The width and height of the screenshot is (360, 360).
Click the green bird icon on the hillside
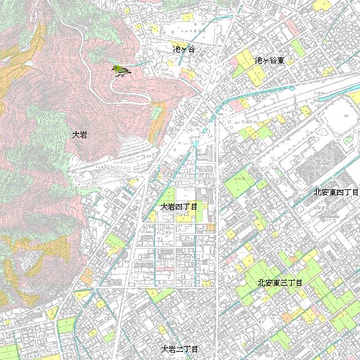tap(120, 70)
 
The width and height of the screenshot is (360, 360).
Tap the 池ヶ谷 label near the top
tap(183, 49)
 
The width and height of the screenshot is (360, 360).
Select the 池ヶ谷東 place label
tap(269, 61)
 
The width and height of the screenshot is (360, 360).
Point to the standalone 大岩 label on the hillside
tap(79, 134)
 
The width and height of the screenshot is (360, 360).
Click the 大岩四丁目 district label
tap(179, 206)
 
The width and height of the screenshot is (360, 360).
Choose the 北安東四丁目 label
tap(336, 192)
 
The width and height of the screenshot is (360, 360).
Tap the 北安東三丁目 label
tap(279, 283)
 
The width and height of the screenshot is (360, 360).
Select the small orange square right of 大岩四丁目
tap(211, 226)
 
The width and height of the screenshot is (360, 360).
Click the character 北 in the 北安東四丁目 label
tap(317, 192)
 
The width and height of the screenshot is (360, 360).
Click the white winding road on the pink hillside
tap(134, 94)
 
